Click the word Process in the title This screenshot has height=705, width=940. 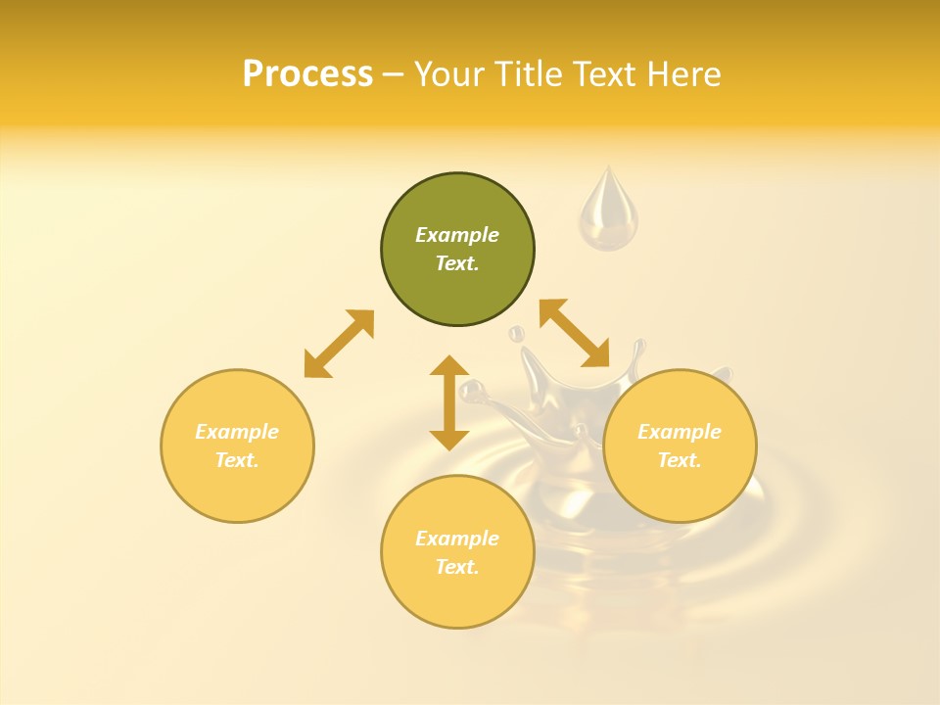307,74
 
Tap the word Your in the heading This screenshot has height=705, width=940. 451,74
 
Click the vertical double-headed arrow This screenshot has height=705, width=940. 449,402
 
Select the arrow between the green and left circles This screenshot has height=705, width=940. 339,344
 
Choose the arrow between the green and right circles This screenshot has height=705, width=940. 574,333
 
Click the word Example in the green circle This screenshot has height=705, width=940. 457,235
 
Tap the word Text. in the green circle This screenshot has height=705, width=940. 457,263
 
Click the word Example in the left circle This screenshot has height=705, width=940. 237,432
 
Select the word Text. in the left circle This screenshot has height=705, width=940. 237,460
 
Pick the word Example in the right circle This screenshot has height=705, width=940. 680,432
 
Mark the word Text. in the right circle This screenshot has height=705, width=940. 680,460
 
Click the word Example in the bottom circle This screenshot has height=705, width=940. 457,539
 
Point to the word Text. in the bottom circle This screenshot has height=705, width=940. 457,567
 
